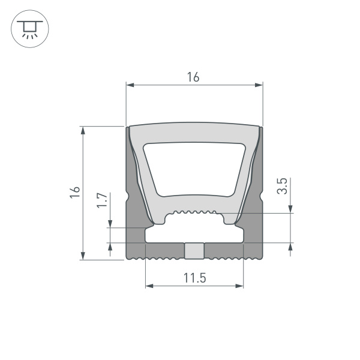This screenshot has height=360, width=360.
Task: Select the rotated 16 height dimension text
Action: (74, 192)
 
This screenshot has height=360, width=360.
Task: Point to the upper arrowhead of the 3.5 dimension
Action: (291, 209)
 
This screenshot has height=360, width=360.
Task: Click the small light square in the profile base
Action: (194, 250)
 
